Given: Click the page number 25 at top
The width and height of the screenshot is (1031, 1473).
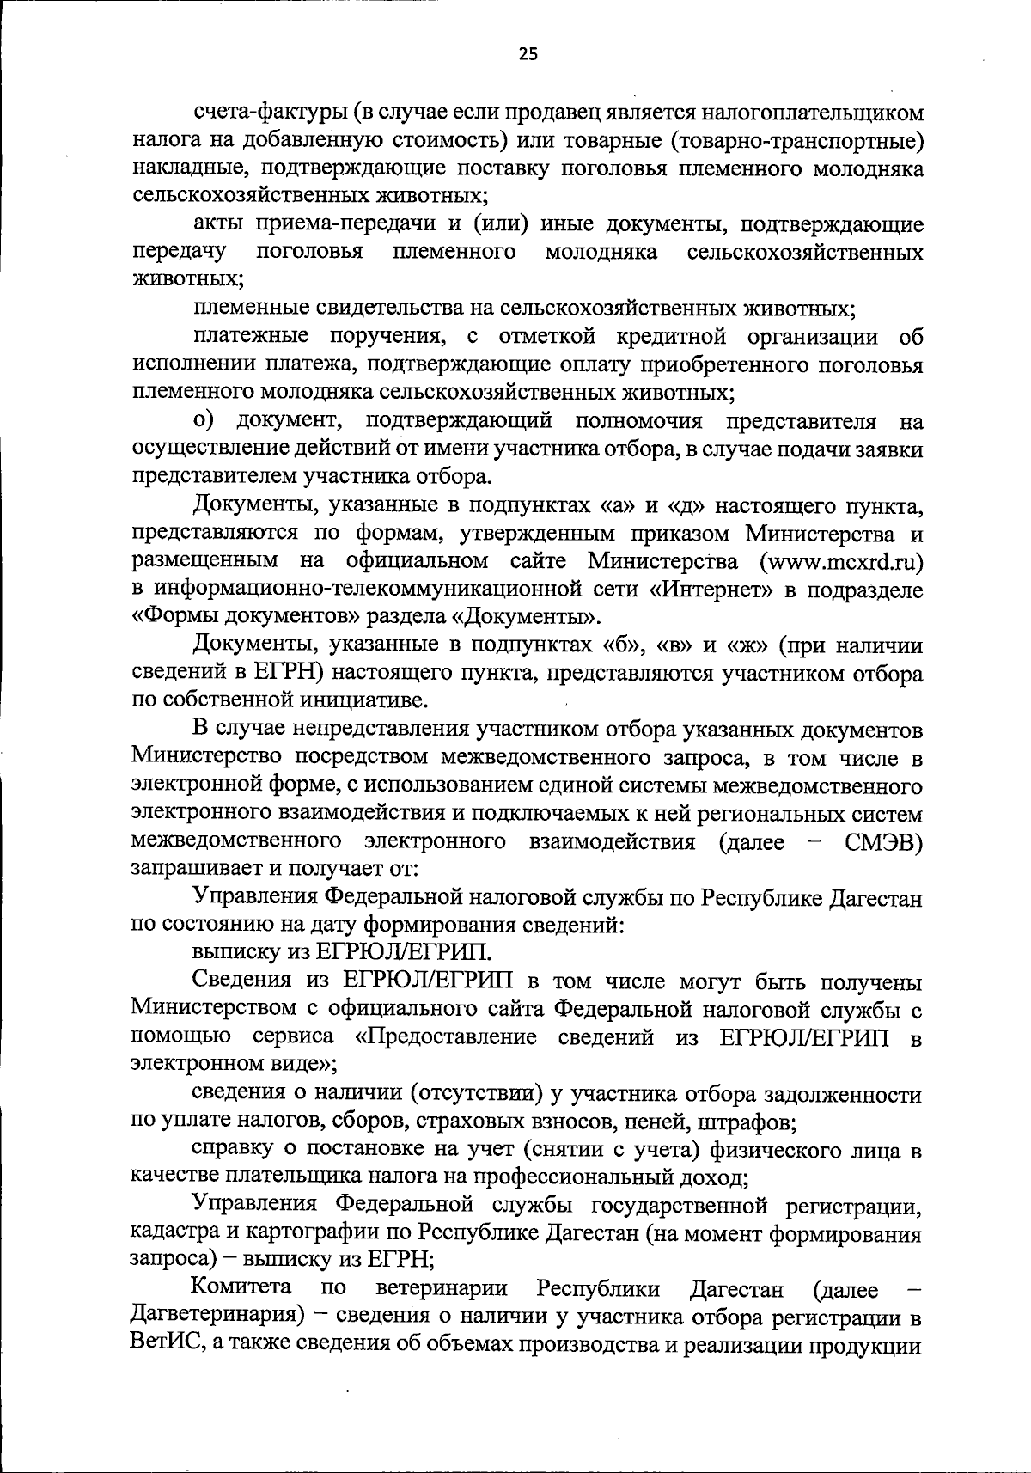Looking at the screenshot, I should pos(528,55).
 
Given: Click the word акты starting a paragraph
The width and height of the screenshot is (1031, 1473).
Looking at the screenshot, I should pos(219,225).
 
